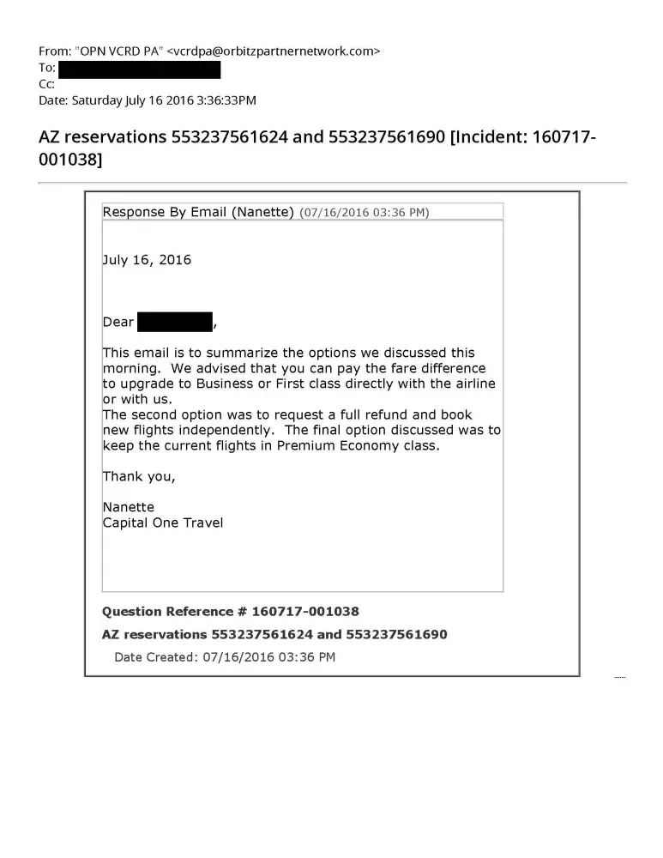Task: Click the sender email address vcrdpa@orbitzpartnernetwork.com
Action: tap(272, 51)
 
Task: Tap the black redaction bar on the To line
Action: tap(139, 69)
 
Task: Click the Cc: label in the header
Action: tap(47, 84)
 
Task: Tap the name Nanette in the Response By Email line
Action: tap(264, 212)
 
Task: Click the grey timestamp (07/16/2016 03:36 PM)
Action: tap(364, 213)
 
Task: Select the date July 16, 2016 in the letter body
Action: tap(147, 260)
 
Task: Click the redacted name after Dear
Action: tap(175, 323)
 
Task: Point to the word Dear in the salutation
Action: tap(118, 323)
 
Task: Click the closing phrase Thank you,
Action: tap(139, 477)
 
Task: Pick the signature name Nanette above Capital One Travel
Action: tap(129, 507)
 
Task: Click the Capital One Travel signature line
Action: tap(163, 523)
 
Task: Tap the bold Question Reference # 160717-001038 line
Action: tap(230, 612)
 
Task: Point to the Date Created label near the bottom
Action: tap(155, 657)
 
